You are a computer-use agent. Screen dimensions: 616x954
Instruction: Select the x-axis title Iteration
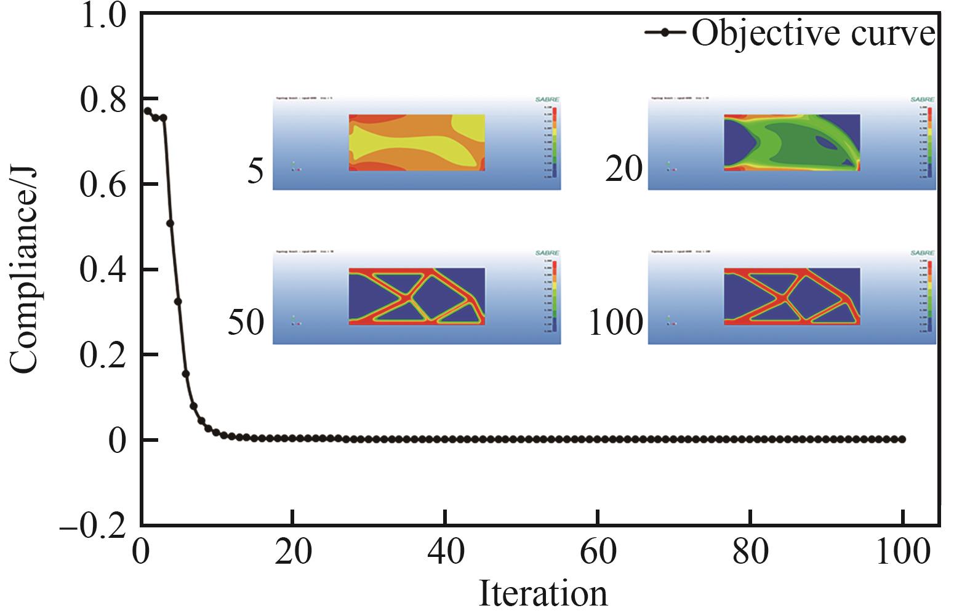pyautogui.click(x=542, y=594)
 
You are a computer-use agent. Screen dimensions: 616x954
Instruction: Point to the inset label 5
pyautogui.click(x=255, y=170)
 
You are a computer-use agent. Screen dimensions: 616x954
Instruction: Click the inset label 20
pyautogui.click(x=623, y=169)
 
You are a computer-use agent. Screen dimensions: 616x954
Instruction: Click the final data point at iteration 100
pyautogui.click(x=902, y=439)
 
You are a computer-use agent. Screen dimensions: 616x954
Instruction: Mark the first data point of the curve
pyautogui.click(x=148, y=111)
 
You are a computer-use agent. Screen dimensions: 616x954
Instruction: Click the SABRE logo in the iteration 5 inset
pyautogui.click(x=547, y=100)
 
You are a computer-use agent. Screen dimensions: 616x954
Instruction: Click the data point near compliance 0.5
pyautogui.click(x=170, y=223)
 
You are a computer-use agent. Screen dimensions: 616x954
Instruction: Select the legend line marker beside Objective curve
pyautogui.click(x=665, y=33)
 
